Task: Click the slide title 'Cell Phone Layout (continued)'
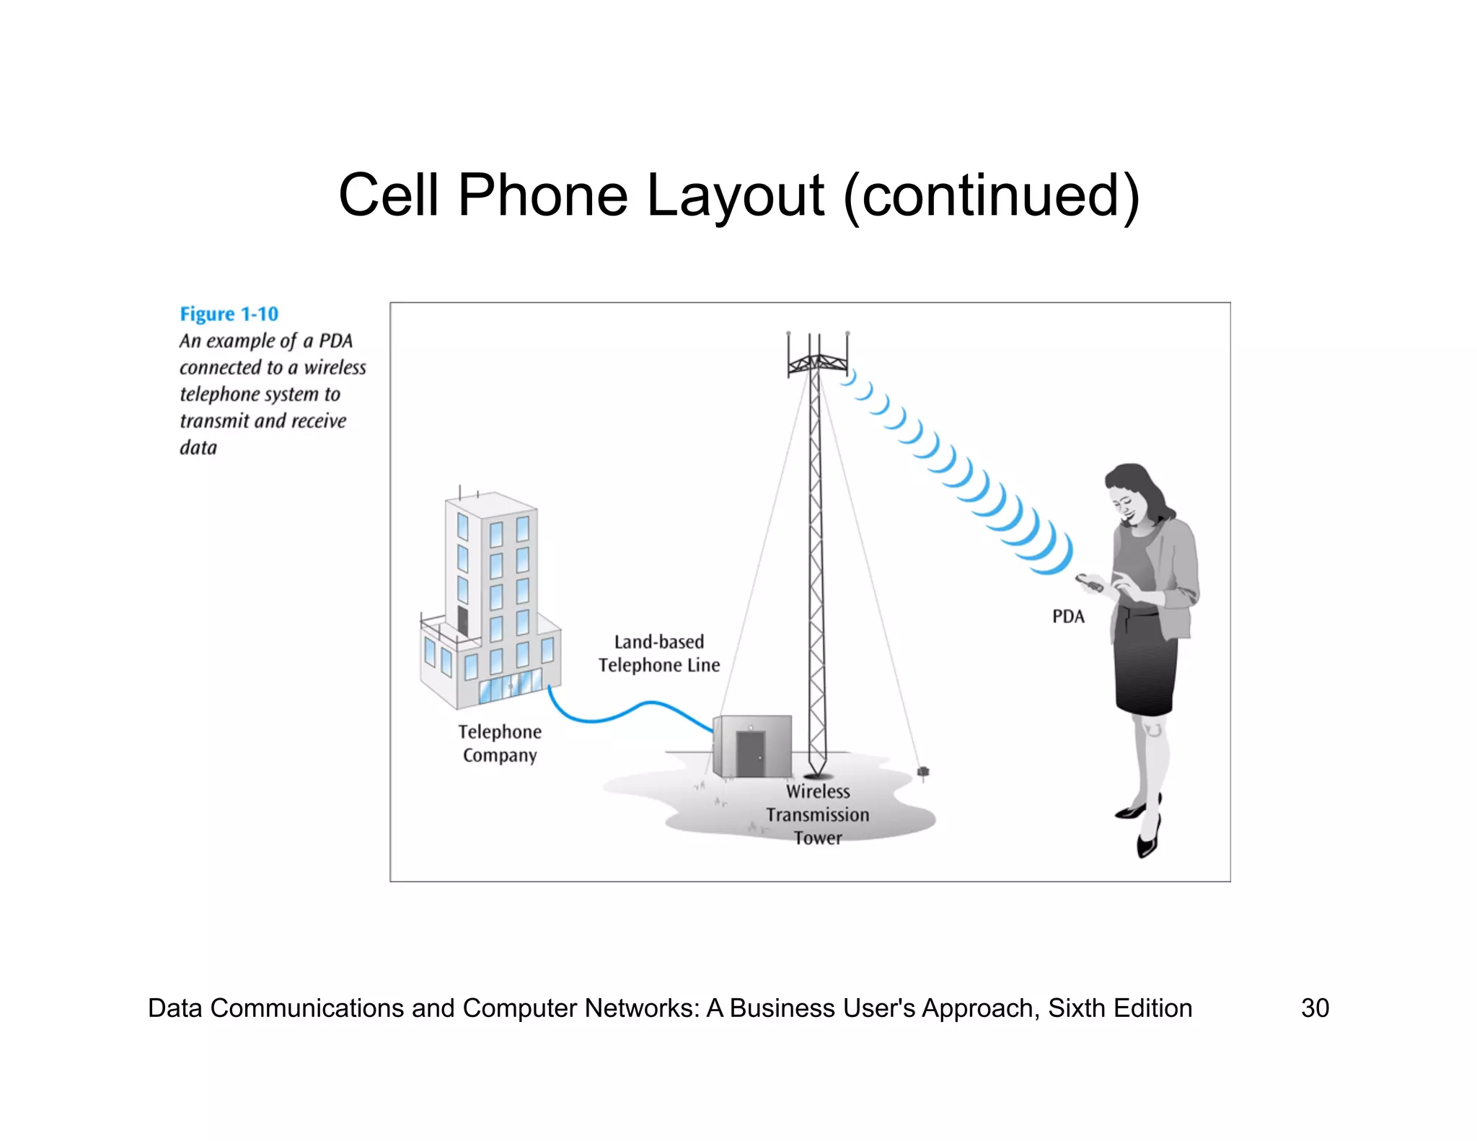coord(738,195)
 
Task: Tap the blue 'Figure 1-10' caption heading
coord(229,314)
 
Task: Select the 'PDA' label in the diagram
coord(1068,617)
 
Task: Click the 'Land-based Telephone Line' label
coord(659,653)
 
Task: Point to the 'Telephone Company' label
coord(500,744)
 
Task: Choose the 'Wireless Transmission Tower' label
coord(818,815)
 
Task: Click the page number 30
coord(1315,1008)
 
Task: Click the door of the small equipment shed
coord(750,754)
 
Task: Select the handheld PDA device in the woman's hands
coord(1088,582)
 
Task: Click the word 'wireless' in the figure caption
coord(335,368)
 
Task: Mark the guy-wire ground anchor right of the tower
coord(922,773)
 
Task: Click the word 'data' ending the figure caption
coord(198,448)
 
